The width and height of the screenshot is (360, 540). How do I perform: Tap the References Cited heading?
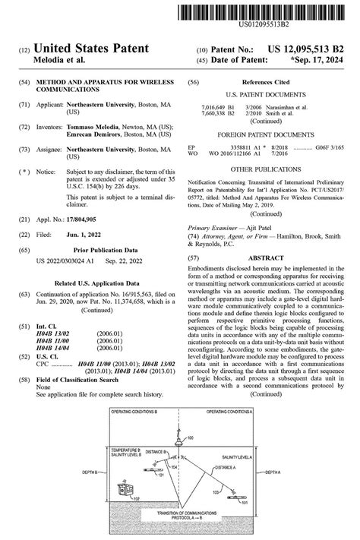click(267, 82)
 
